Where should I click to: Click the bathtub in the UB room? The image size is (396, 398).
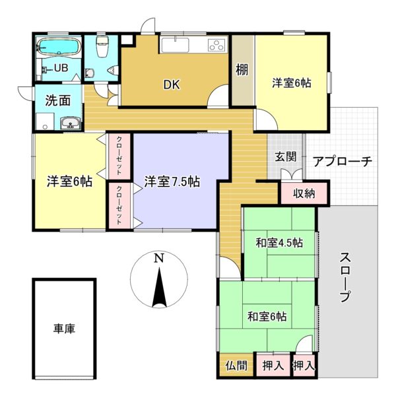[x=59, y=48]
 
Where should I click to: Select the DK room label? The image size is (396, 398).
[x=172, y=84]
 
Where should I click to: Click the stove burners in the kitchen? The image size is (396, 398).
[x=217, y=46]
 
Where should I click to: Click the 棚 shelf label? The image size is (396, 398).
[x=242, y=69]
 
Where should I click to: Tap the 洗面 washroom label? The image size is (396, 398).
[x=57, y=101]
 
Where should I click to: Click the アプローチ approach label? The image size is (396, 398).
[x=343, y=161]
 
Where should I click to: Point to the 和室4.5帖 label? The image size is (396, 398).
[x=279, y=242]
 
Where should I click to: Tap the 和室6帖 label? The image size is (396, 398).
[x=267, y=316]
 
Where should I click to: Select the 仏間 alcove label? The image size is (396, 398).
[x=236, y=365]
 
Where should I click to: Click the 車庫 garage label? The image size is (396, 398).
[x=64, y=328]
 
